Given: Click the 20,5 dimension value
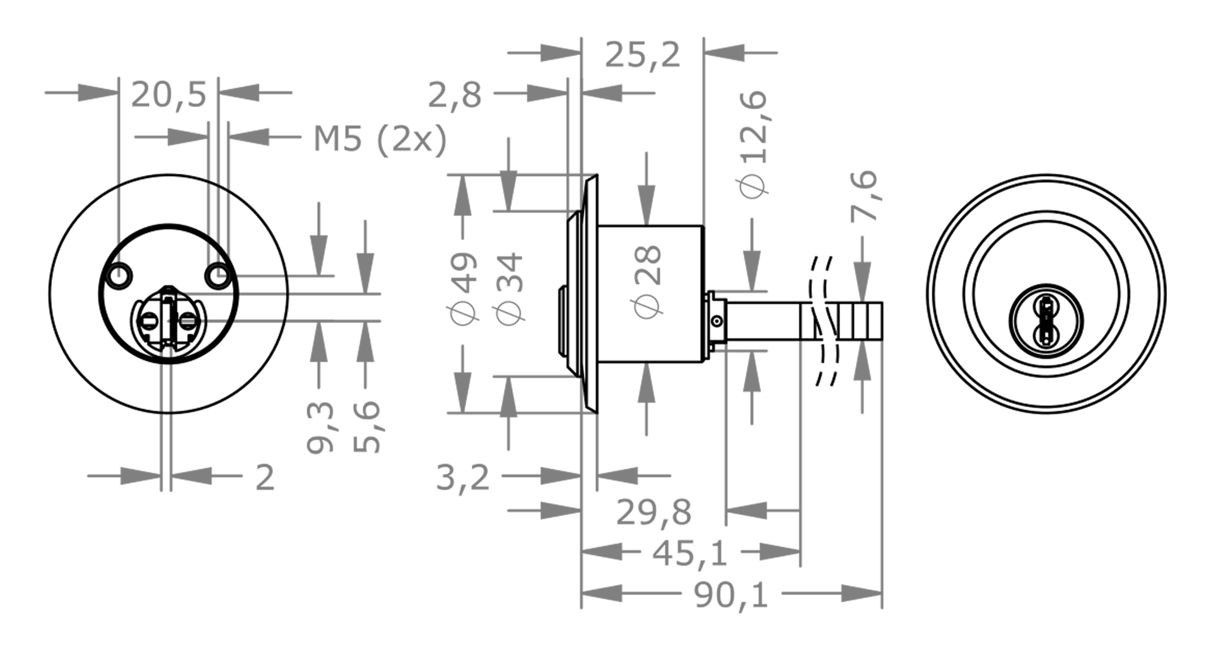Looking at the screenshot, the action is pos(168,95).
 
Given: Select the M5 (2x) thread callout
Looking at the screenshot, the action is pos(380,139).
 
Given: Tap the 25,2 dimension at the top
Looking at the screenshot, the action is pos(643,54).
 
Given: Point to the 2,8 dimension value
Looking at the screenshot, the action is pos(454,95).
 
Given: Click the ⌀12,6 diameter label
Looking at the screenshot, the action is pos(752,143).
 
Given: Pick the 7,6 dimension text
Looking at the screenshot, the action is pos(863,196).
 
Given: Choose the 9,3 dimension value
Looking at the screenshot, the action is pos(320,427).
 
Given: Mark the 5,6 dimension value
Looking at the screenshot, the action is pos(366,427).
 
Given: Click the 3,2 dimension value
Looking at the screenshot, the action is pos(462,477).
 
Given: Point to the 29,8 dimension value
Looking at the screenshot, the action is pos(653,512).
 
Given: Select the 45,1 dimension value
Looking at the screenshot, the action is pos(689,553).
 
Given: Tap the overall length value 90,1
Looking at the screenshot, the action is pos(731,594).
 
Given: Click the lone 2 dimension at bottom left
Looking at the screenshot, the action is pos(265,477).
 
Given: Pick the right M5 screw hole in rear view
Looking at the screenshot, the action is pos(218,275).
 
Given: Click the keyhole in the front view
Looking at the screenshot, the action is pos(1046,321).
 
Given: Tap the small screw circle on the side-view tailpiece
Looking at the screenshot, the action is pos(717,322).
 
